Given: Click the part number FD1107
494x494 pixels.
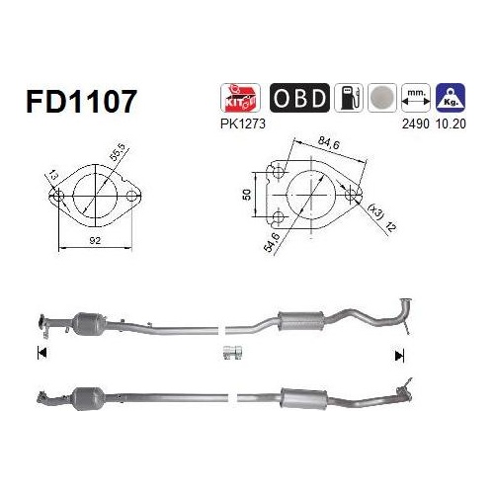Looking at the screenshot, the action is tap(81, 101).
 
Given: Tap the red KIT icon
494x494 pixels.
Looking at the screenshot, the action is tap(240, 98).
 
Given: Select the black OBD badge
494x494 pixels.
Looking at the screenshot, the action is tap(299, 98).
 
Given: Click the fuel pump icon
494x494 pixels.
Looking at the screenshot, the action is tap(349, 98).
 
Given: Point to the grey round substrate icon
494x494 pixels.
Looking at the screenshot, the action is tap(382, 98).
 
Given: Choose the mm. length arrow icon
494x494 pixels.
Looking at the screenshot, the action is tap(416, 98).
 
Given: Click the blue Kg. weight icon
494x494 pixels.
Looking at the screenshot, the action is tap(451, 98).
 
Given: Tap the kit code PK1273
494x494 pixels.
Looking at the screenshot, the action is tap(243, 124).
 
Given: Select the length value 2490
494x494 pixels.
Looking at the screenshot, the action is tap(416, 124).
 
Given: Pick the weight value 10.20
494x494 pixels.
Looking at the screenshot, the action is tap(451, 124).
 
